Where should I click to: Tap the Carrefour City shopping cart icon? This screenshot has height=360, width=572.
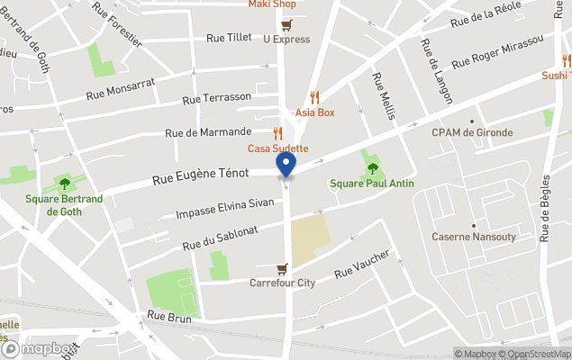(x=282, y=268)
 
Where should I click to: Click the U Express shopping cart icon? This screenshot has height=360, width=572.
(x=286, y=24)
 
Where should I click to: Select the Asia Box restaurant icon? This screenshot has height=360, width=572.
(x=314, y=97)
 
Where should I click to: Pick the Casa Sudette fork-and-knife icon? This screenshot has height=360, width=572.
(x=277, y=133)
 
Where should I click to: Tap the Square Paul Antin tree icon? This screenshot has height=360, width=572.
(x=373, y=168)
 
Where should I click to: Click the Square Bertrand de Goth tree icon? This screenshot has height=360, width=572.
(x=64, y=184)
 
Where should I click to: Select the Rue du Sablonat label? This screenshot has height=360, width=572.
(x=221, y=238)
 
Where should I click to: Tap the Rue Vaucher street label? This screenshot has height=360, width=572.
(x=362, y=264)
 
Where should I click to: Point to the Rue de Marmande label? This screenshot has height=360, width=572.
(x=209, y=133)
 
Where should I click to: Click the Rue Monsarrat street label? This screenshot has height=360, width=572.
(x=121, y=87)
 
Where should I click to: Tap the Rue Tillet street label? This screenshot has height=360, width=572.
(x=229, y=38)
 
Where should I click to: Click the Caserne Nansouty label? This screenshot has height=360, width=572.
(x=473, y=237)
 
